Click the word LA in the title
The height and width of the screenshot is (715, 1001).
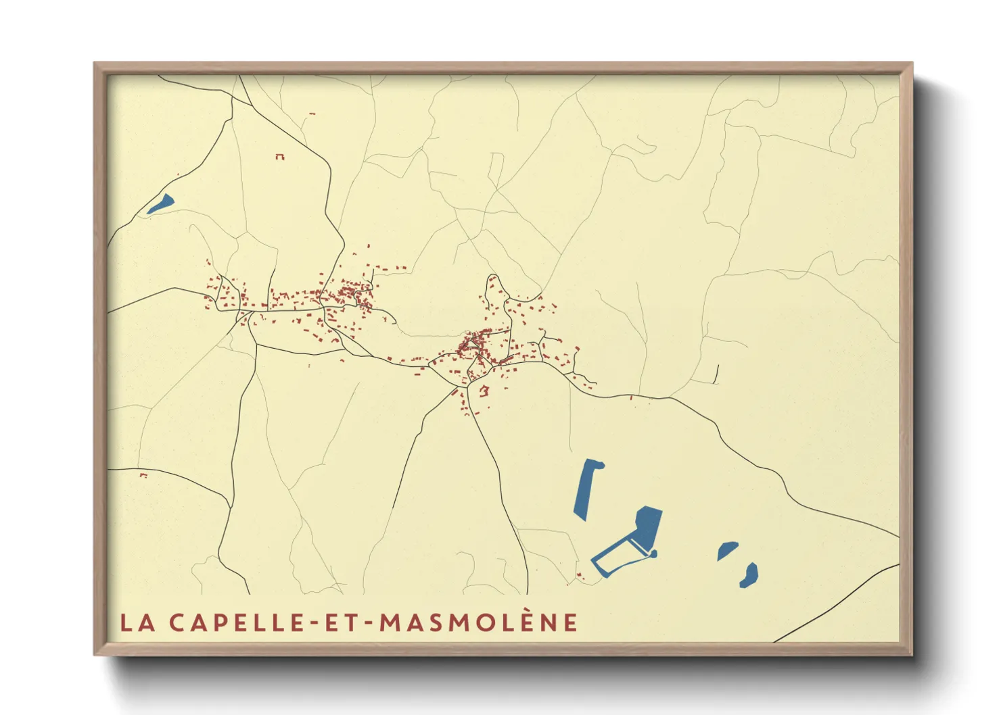click(x=136, y=622)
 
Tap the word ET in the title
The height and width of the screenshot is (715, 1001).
click(x=340, y=622)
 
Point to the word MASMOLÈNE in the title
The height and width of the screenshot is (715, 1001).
click(x=478, y=622)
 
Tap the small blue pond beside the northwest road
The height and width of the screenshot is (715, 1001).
click(x=161, y=203)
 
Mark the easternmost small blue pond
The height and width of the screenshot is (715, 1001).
click(x=749, y=575)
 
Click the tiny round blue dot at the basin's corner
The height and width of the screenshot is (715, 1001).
click(x=653, y=554)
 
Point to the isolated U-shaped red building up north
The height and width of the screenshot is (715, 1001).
click(x=279, y=157)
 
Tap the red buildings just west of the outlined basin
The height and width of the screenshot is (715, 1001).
click(x=580, y=576)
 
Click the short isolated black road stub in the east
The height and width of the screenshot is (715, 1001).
click(x=716, y=374)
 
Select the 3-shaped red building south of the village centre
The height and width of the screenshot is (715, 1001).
click(x=484, y=391)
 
